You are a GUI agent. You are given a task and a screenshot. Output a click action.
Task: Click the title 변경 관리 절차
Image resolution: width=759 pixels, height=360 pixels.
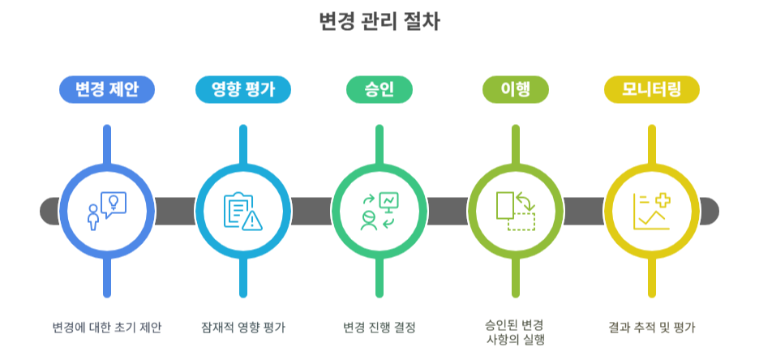point(379,22)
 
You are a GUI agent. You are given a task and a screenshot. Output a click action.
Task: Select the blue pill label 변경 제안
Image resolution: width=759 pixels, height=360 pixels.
point(106,89)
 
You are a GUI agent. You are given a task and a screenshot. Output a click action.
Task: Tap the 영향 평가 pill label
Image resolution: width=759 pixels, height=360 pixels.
point(243,89)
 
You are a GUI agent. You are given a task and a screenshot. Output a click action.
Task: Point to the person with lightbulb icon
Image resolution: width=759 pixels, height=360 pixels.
point(106,211)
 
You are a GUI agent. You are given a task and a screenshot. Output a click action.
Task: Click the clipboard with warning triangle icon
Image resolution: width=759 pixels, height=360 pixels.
point(243,211)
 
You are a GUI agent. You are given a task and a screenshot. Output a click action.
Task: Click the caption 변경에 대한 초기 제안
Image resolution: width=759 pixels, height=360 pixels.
point(106,328)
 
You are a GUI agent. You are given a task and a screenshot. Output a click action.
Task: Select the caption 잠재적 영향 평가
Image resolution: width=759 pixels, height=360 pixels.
point(243,328)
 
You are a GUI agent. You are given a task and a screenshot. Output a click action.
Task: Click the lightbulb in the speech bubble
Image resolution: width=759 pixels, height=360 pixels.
point(114,202)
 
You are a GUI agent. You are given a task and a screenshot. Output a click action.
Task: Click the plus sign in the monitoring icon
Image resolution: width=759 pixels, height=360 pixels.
point(661,202)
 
